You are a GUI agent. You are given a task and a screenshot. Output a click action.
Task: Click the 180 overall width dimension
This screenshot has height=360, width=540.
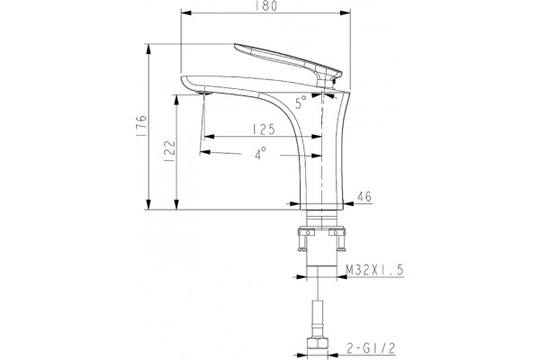click(266, 6)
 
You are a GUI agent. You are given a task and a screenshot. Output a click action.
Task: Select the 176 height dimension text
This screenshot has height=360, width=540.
click(141, 126)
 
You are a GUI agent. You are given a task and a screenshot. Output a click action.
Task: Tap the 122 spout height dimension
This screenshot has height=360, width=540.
click(170, 150)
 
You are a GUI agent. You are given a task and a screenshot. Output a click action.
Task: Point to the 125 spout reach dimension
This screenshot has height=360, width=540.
click(264, 130)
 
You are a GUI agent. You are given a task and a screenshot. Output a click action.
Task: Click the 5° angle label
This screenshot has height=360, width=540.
click(301, 103)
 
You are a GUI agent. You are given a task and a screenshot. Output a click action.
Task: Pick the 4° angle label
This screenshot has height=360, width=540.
click(260, 153)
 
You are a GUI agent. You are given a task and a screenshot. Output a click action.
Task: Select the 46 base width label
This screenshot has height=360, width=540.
click(364, 197)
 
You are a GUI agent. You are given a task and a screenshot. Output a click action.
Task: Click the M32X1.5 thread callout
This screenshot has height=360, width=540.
click(374, 270)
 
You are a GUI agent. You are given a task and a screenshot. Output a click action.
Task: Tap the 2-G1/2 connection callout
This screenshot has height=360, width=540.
click(371, 349)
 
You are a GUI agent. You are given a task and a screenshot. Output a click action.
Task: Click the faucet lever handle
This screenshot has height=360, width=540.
click(288, 62)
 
